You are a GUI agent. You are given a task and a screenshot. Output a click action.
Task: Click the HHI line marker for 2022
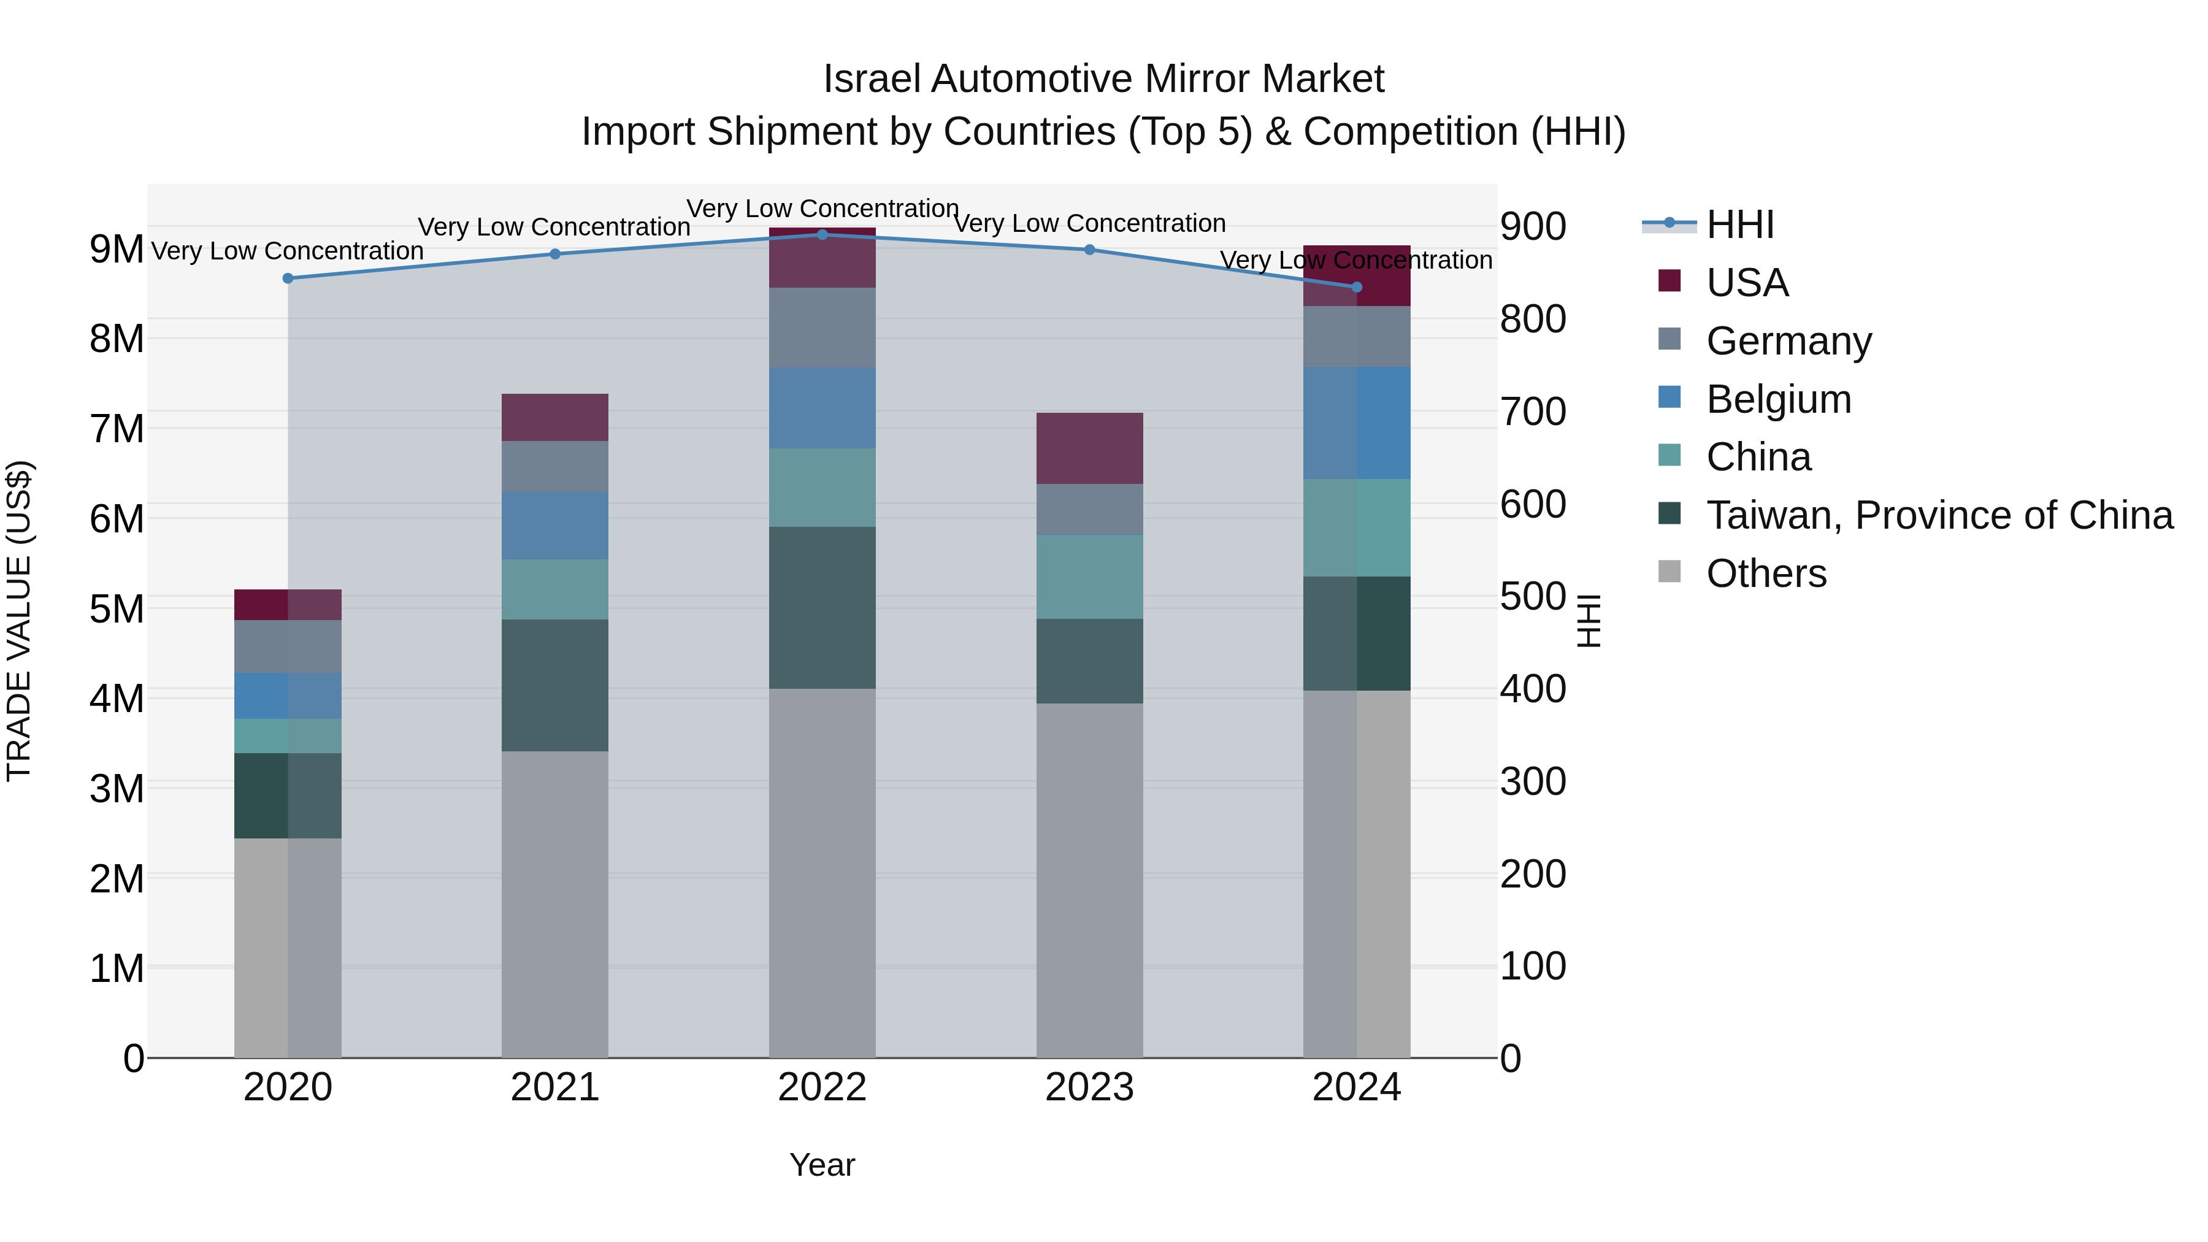(822, 234)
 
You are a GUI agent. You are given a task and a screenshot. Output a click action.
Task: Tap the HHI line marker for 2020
(288, 278)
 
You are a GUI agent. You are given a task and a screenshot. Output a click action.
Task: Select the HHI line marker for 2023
(1089, 250)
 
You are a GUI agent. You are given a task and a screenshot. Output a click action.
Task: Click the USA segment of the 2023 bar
(1089, 448)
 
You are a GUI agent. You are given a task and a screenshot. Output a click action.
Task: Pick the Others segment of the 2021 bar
(554, 903)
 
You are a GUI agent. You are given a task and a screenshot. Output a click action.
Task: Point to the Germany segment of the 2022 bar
(822, 328)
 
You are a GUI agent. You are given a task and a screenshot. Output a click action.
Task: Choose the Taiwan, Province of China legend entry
(1939, 515)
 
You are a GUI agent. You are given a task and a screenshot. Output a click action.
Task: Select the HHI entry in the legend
(1739, 224)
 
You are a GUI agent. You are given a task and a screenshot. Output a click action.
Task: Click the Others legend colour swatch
(1669, 571)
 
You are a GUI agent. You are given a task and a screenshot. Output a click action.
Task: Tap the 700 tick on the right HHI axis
(1533, 412)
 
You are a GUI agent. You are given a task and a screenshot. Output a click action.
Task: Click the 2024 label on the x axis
(1356, 1087)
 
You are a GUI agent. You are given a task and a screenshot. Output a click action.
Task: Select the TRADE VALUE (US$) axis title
(19, 621)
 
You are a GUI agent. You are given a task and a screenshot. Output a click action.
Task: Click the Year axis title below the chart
(822, 1165)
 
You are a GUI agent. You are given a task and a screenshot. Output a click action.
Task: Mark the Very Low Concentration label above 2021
(554, 227)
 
